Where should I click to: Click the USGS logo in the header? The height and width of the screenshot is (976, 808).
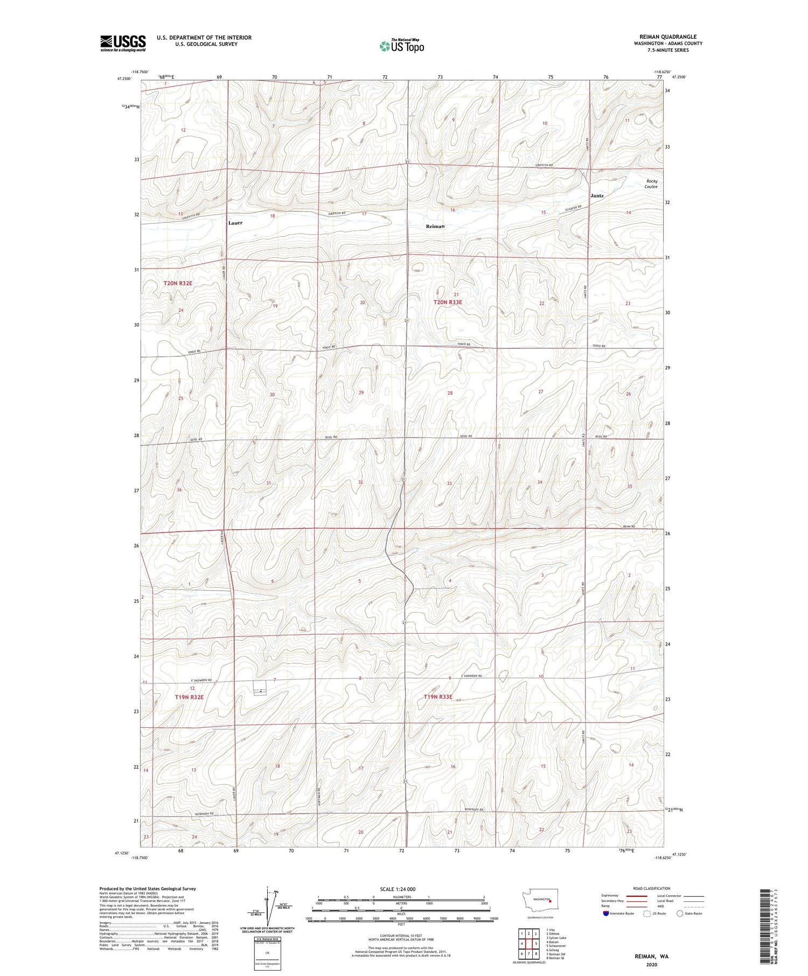coord(123,43)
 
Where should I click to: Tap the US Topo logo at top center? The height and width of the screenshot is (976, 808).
coord(401,46)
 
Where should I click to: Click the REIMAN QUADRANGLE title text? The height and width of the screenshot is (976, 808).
coord(667,37)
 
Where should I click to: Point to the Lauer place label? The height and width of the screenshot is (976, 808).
coord(235,223)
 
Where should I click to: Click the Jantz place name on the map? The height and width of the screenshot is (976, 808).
coord(596,196)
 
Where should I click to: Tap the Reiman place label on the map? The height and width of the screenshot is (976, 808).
coord(435,227)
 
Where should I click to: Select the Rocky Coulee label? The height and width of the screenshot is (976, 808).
coord(651,184)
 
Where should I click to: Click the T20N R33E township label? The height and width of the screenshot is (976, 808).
coord(448,303)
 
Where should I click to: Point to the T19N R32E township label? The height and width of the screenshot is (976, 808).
coord(189,697)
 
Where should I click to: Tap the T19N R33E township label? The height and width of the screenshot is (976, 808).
coord(438,697)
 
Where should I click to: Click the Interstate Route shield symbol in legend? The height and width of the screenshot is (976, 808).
coord(607,914)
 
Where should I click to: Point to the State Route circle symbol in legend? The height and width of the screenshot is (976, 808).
coord(680,914)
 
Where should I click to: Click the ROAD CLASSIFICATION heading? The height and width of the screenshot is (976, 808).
coord(652,888)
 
